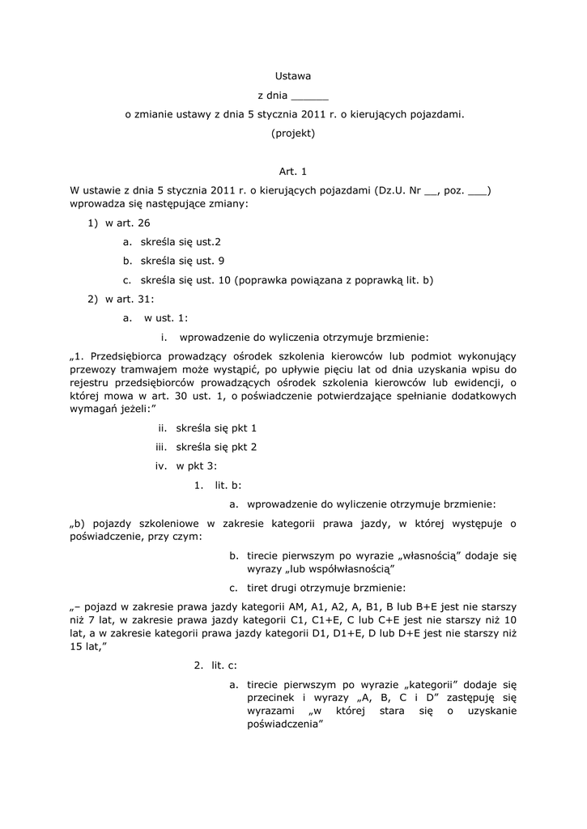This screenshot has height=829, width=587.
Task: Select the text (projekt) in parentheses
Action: [293, 134]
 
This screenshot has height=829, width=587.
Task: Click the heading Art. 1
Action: [293, 171]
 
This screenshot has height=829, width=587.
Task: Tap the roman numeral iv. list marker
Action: [160, 466]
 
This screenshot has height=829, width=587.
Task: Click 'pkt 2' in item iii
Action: [242, 446]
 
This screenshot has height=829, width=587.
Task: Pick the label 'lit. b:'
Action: [228, 485]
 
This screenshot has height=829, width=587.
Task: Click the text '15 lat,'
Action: [89, 647]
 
